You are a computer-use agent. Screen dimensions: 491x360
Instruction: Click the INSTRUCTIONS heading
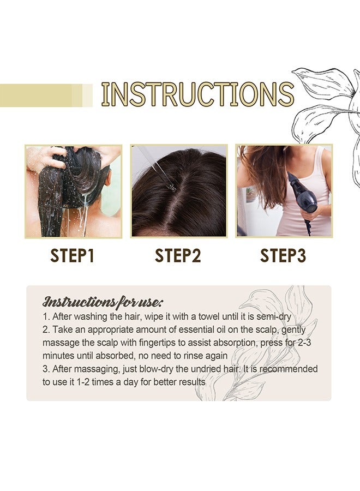click(197, 94)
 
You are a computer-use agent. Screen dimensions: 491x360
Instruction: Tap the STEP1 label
click(73, 255)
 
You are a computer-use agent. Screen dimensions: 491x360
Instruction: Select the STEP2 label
click(178, 255)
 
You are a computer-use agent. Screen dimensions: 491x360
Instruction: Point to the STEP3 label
click(283, 255)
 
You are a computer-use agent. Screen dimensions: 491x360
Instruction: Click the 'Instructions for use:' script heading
click(103, 302)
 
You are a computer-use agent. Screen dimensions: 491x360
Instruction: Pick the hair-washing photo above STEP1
click(73, 191)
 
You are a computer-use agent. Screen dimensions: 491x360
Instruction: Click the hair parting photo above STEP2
click(178, 191)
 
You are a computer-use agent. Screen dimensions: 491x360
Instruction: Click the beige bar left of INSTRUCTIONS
click(44, 95)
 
